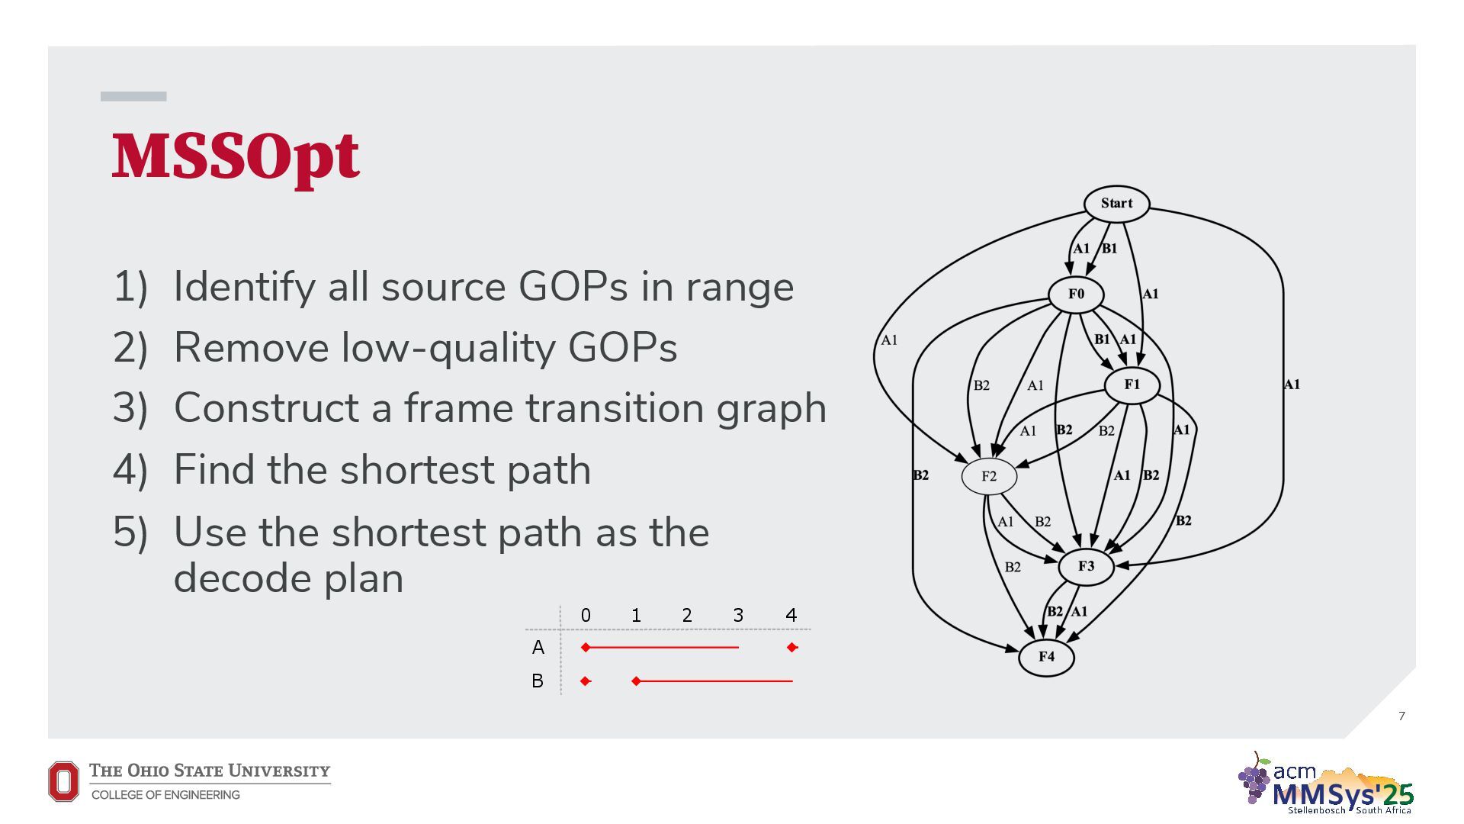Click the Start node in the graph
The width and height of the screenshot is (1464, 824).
[1116, 204]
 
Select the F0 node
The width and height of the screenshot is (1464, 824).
[1076, 295]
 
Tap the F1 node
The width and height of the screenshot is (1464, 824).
[1132, 385]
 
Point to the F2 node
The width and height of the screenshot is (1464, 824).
[989, 476]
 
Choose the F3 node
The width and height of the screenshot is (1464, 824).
[1086, 566]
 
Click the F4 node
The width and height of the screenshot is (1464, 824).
[1046, 657]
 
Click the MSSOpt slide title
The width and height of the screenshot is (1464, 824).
[236, 156]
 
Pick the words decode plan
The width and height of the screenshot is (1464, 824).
[288, 578]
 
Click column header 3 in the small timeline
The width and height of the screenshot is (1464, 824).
[738, 615]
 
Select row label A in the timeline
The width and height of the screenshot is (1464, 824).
[538, 648]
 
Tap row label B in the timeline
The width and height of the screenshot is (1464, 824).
[538, 681]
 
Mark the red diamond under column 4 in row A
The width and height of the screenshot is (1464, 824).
[792, 648]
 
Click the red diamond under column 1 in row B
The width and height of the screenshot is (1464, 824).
[636, 681]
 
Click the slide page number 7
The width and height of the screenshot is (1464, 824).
[1401, 716]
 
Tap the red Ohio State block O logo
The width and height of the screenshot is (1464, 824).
[63, 781]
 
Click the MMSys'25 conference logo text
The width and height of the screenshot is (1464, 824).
[1343, 794]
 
